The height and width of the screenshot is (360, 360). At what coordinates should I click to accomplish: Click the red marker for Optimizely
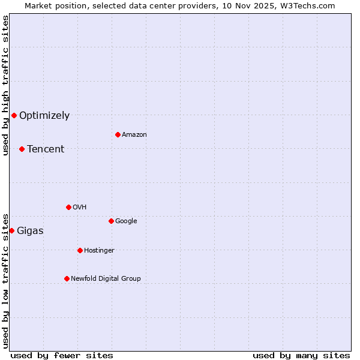pyautogui.click(x=14, y=115)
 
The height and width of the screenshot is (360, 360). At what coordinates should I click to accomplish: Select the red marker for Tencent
pyautogui.click(x=22, y=149)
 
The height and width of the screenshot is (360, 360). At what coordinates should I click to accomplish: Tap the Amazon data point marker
pyautogui.click(x=118, y=134)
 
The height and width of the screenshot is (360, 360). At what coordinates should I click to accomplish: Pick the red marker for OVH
pyautogui.click(x=68, y=207)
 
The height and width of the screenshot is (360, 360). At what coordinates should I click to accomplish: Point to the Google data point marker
pyautogui.click(x=111, y=221)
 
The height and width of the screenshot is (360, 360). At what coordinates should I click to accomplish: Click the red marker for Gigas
pyautogui.click(x=11, y=230)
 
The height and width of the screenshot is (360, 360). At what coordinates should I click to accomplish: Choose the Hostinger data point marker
pyautogui.click(x=80, y=250)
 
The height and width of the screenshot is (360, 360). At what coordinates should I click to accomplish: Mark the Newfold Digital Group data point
pyautogui.click(x=67, y=278)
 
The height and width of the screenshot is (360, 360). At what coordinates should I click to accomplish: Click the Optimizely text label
pyautogui.click(x=44, y=116)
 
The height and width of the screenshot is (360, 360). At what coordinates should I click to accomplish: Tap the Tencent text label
pyautogui.click(x=46, y=149)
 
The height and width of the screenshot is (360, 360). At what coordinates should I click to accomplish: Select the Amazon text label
pyautogui.click(x=134, y=135)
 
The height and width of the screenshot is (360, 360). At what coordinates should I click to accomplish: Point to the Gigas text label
pyautogui.click(x=30, y=231)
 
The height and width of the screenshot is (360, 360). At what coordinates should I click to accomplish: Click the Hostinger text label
pyautogui.click(x=99, y=251)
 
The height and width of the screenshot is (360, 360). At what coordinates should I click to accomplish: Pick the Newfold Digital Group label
pyautogui.click(x=106, y=279)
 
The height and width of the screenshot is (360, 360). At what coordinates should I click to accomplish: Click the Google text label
pyautogui.click(x=126, y=221)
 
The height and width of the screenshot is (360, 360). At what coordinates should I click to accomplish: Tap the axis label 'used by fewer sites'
pyautogui.click(x=62, y=355)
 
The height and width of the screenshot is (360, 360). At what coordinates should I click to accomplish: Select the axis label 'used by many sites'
pyautogui.click(x=301, y=355)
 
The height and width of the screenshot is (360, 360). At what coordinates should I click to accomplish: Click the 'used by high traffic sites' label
pyautogui.click(x=5, y=85)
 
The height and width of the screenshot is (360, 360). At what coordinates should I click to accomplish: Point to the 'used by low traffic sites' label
pyautogui.click(x=5, y=280)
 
